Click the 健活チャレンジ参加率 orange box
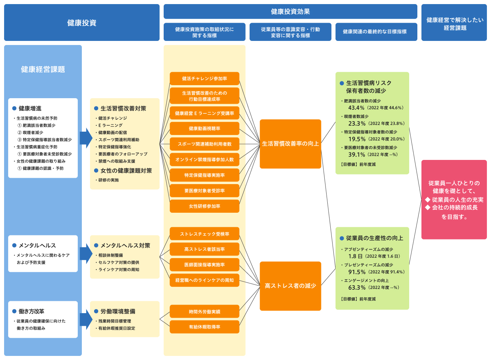point(204,78)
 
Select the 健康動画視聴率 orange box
point(204,129)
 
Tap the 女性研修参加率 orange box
point(204,206)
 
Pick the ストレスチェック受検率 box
point(204,234)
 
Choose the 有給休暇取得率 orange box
point(204,327)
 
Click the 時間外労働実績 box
point(204,312)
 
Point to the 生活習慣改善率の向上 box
point(290,144)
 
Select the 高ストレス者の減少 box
point(290,286)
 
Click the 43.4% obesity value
point(356,108)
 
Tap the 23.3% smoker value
point(357,123)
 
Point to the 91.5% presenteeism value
point(357,272)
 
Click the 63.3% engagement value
point(357,287)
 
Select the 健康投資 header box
point(82,23)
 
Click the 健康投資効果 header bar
point(290,12)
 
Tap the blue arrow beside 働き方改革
point(86,319)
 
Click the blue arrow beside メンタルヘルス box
point(86,253)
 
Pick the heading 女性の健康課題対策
point(126,171)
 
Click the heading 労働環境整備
point(118,311)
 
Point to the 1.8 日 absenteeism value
point(355,256)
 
